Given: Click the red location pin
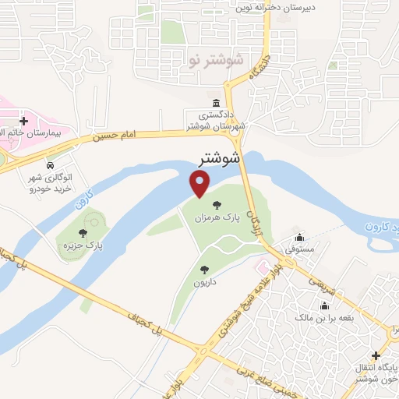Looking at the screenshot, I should [200, 184].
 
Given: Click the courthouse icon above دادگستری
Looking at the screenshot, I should [215, 104].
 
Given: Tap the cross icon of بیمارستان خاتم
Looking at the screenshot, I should [24, 122].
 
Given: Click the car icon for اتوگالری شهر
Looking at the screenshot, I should [49, 166].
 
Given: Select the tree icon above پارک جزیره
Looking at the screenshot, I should [84, 231].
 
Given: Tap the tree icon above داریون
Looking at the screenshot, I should [204, 270].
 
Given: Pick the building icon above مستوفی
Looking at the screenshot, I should [299, 238].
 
